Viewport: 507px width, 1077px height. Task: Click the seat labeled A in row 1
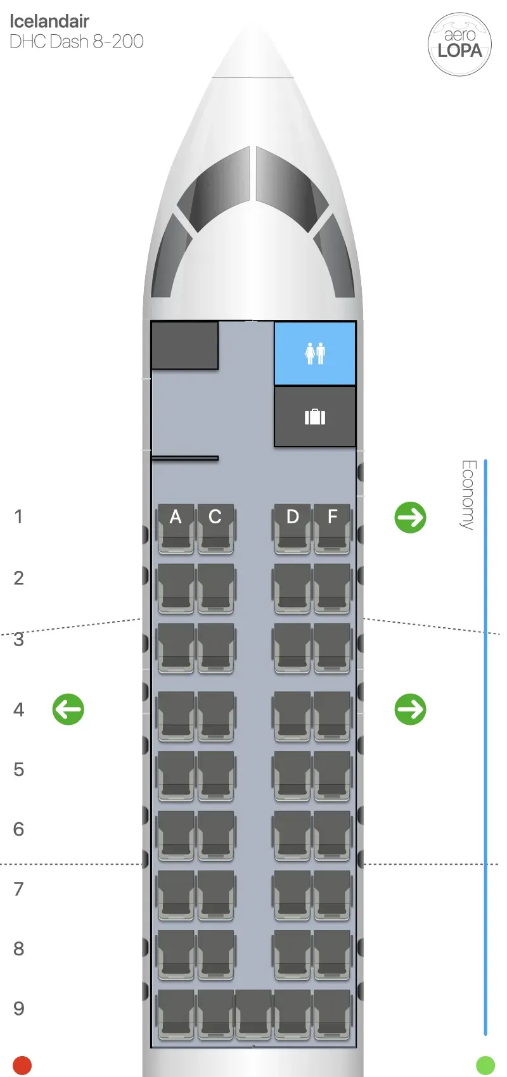point(176,528)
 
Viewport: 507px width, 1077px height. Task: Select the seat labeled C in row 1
point(215,528)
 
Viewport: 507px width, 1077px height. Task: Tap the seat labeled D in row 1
point(292,528)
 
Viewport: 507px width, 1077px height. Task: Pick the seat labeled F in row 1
point(332,528)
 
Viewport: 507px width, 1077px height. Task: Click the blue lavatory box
point(315,353)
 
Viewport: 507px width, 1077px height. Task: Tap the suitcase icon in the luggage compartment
point(315,417)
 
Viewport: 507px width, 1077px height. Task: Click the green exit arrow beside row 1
point(411,518)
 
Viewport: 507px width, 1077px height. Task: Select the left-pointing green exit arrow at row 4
point(68,709)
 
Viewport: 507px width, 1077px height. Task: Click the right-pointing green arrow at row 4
point(411,709)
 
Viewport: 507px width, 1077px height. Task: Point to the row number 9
point(19,1009)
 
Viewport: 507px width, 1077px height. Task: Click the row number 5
point(19,770)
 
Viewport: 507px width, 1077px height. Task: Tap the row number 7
point(19,889)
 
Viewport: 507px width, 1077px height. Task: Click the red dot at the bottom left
point(22,1066)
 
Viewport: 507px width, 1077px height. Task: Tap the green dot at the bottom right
point(485,1066)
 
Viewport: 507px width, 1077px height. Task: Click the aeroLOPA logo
point(460,44)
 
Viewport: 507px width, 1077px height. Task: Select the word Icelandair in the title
point(49,22)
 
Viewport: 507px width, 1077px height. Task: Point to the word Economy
point(468,495)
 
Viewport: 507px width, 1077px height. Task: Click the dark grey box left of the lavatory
point(184,345)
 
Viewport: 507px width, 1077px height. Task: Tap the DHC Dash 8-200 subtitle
point(77,42)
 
